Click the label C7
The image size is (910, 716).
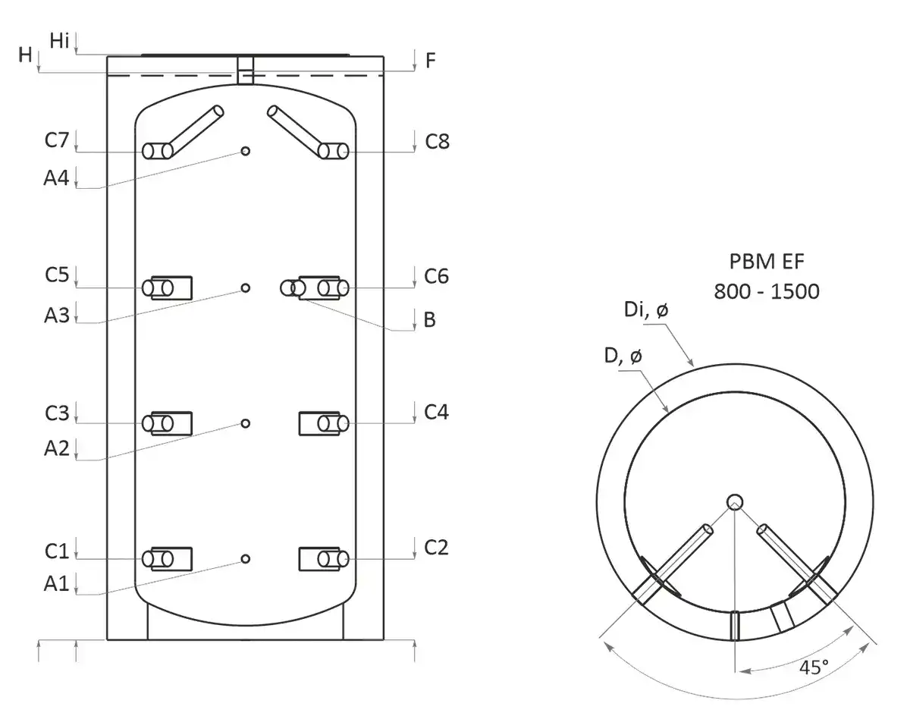click(57, 140)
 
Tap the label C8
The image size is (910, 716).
click(437, 141)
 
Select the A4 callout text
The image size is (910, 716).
click(57, 178)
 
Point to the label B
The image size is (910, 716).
click(429, 320)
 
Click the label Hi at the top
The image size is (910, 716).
click(60, 41)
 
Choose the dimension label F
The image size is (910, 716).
click(430, 61)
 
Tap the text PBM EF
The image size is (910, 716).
click(766, 262)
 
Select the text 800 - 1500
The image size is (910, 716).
click(766, 291)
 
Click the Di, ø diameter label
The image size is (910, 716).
click(646, 311)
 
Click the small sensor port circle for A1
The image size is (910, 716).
click(245, 559)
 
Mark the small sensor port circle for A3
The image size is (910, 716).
click(245, 287)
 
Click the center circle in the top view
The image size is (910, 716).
click(734, 501)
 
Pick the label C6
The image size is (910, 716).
click(436, 277)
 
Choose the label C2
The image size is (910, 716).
click(436, 547)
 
